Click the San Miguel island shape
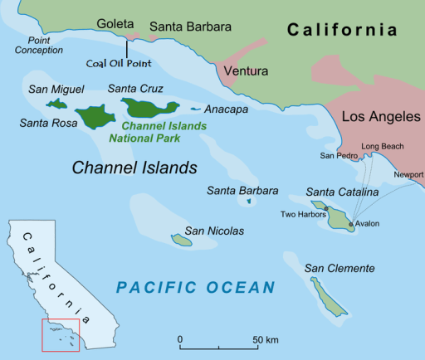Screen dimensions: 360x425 point(57,105)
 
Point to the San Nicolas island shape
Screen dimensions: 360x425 point(181,241)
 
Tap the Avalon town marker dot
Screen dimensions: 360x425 point(351,224)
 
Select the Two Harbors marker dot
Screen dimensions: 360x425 point(326,208)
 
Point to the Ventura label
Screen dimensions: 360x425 point(244,71)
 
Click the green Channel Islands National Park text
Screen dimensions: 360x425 point(154,132)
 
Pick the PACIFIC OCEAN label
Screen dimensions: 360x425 point(195,288)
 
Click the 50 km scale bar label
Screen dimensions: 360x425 point(266,341)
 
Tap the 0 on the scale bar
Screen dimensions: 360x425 point(180,341)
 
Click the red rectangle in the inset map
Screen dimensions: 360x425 point(61,333)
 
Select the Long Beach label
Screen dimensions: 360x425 point(381,146)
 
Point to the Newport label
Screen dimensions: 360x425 point(408,174)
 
